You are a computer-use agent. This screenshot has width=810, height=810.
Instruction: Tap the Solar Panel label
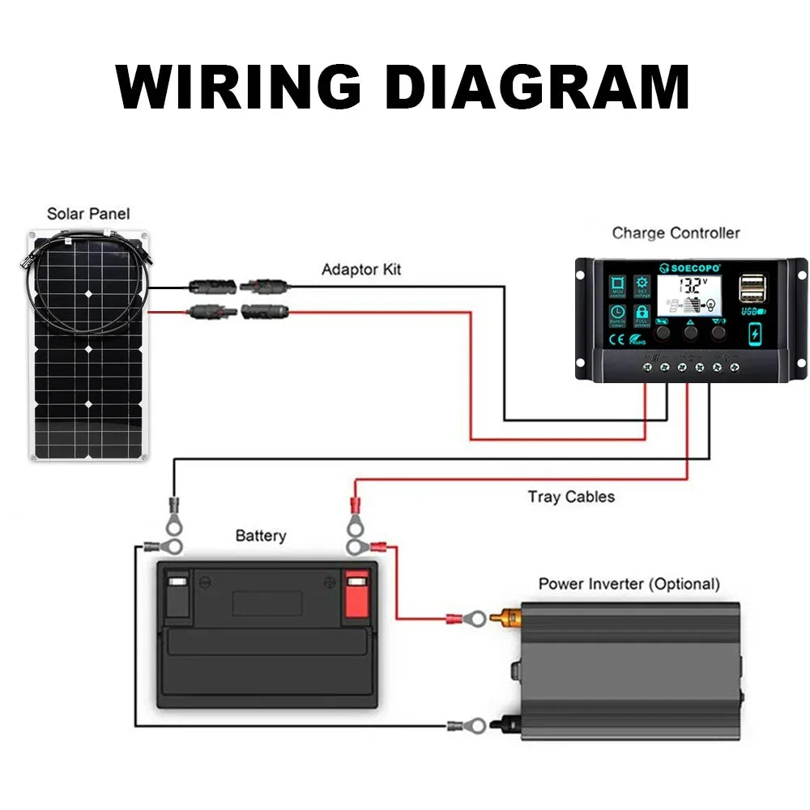tap(88, 214)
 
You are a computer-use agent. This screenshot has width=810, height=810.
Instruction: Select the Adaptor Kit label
tap(361, 269)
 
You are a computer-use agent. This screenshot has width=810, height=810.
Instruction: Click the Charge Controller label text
tap(676, 233)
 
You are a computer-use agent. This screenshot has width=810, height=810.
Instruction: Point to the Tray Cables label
tap(571, 497)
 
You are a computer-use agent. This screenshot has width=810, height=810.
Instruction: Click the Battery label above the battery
tap(260, 535)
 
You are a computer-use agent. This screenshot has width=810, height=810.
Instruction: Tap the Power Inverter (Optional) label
tap(629, 583)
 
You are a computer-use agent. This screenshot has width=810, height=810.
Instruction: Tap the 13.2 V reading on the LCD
tap(693, 285)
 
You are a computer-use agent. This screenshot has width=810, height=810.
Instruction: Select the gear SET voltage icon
tap(642, 285)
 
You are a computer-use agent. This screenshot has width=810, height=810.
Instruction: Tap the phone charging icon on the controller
tap(754, 333)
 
